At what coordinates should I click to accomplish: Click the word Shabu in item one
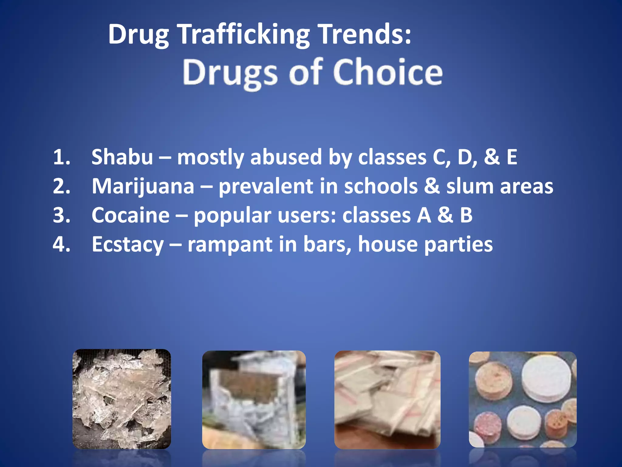(122, 157)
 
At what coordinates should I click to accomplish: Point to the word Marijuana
(143, 186)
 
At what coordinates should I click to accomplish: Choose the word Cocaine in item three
(131, 215)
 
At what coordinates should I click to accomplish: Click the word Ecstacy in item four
(128, 244)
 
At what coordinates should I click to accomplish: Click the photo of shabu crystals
(121, 399)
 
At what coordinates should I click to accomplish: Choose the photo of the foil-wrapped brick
(254, 400)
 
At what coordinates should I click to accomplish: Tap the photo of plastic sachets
(387, 400)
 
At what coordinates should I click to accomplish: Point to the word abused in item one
(286, 157)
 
